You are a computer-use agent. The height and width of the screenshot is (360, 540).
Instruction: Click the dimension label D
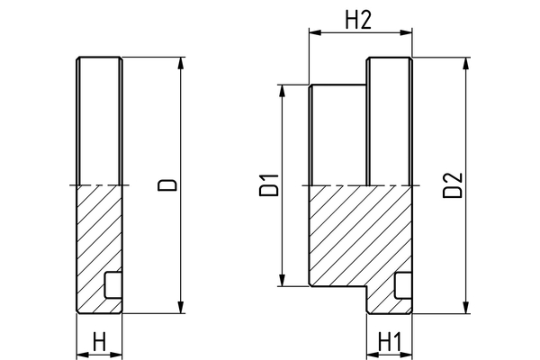[x=166, y=185]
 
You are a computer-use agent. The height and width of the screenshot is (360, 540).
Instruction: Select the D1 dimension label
[x=266, y=184]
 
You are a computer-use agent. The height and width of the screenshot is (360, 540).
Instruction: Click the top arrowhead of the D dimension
[x=184, y=63]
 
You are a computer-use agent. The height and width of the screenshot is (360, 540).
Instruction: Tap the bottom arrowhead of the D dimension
[x=184, y=308]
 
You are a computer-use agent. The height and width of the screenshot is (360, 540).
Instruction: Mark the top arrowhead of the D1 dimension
[x=283, y=90]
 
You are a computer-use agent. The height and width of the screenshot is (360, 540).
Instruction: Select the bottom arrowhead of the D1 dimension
[x=283, y=282]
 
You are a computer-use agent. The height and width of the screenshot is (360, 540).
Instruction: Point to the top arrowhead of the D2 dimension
[x=467, y=63]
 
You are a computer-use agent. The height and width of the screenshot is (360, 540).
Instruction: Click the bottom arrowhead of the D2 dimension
[x=467, y=309]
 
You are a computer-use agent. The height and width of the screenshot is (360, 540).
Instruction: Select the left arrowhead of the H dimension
[x=82, y=353]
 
